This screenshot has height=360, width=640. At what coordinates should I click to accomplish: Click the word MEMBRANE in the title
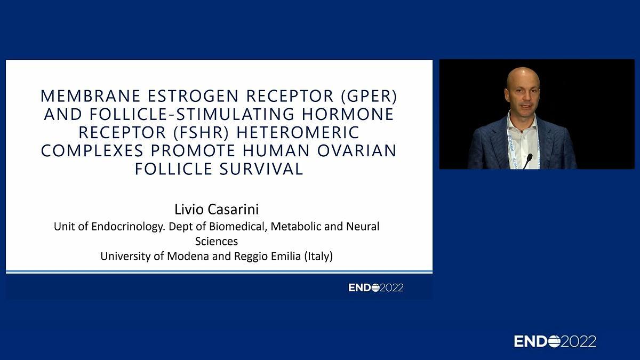click(x=90, y=96)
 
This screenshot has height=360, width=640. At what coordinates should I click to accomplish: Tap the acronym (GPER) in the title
click(x=369, y=96)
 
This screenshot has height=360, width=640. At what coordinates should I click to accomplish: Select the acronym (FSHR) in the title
click(x=202, y=133)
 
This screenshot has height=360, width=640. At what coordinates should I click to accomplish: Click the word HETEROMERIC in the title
click(x=298, y=133)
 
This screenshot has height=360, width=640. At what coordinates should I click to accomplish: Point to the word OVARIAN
click(x=357, y=150)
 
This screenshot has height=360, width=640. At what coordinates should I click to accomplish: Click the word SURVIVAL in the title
click(x=261, y=169)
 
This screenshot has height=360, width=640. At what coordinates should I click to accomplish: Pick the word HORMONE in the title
click(x=348, y=114)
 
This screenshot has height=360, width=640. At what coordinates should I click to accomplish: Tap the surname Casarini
click(x=233, y=210)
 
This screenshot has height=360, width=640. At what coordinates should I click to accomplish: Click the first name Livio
click(x=189, y=210)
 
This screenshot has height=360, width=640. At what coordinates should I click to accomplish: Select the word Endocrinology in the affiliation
click(x=129, y=227)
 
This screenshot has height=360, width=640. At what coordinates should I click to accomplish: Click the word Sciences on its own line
click(x=217, y=242)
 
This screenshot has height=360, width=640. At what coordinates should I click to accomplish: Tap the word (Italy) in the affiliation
click(x=318, y=257)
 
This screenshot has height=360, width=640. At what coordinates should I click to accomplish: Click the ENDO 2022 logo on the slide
click(x=376, y=287)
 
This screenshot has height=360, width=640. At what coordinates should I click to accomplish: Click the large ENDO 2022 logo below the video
click(x=555, y=341)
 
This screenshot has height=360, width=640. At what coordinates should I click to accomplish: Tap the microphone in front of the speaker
click(x=527, y=161)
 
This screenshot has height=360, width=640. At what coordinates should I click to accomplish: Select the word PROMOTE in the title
click(x=193, y=150)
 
